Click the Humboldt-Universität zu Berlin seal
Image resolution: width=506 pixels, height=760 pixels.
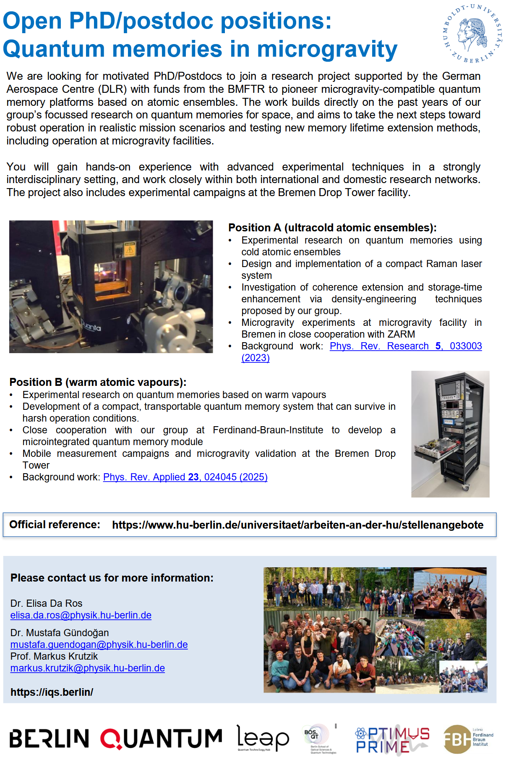point(473,33)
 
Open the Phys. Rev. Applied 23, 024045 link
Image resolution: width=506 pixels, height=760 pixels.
point(185,477)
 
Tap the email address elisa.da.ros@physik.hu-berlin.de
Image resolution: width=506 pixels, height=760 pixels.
point(81,615)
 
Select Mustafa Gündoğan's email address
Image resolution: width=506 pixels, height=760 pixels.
point(99,645)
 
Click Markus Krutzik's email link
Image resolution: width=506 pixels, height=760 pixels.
point(87,668)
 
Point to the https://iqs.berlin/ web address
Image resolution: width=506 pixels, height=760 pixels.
point(52,692)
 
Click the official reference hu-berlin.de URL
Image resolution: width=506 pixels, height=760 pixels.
point(297,525)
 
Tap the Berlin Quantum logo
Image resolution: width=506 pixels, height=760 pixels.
point(115,739)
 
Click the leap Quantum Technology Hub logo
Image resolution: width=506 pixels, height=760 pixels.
point(263,738)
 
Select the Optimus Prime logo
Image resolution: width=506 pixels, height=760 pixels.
point(392,739)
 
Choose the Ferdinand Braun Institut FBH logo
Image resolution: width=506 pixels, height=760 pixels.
point(468,739)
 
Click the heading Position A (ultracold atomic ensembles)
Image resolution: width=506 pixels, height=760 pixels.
point(332,228)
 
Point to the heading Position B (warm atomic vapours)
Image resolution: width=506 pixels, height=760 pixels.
point(98,382)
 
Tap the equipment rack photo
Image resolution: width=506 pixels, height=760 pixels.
point(450,434)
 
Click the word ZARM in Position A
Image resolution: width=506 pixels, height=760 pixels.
point(402,334)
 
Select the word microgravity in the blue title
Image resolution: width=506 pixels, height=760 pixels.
point(327,49)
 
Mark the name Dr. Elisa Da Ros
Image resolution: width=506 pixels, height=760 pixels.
point(46,603)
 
